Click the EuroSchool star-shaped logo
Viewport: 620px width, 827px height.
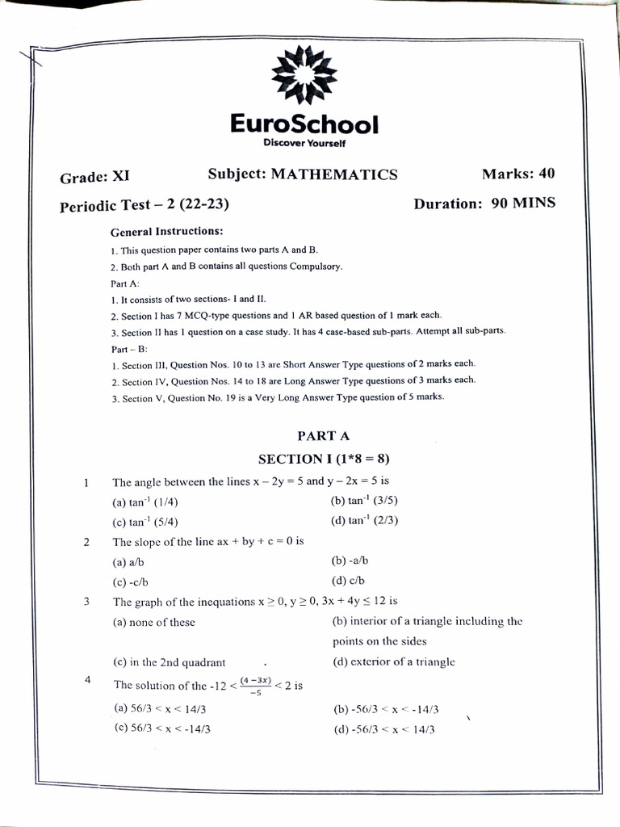304,74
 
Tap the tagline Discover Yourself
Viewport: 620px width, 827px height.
304,143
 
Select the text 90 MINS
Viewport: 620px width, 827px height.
523,203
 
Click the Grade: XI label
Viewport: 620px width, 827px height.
94,177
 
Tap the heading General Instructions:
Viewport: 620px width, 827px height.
166,231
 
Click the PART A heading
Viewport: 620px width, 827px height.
323,435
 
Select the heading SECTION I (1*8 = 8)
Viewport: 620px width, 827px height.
323,459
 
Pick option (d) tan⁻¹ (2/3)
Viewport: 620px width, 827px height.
365,520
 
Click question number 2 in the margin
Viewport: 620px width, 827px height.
86,542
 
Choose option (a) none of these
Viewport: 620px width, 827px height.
153,622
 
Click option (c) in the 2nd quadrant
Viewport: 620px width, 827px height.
169,662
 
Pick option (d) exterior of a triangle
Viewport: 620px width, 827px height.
393,661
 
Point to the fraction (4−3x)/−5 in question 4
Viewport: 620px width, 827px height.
256,686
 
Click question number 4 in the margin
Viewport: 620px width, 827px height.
86,680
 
